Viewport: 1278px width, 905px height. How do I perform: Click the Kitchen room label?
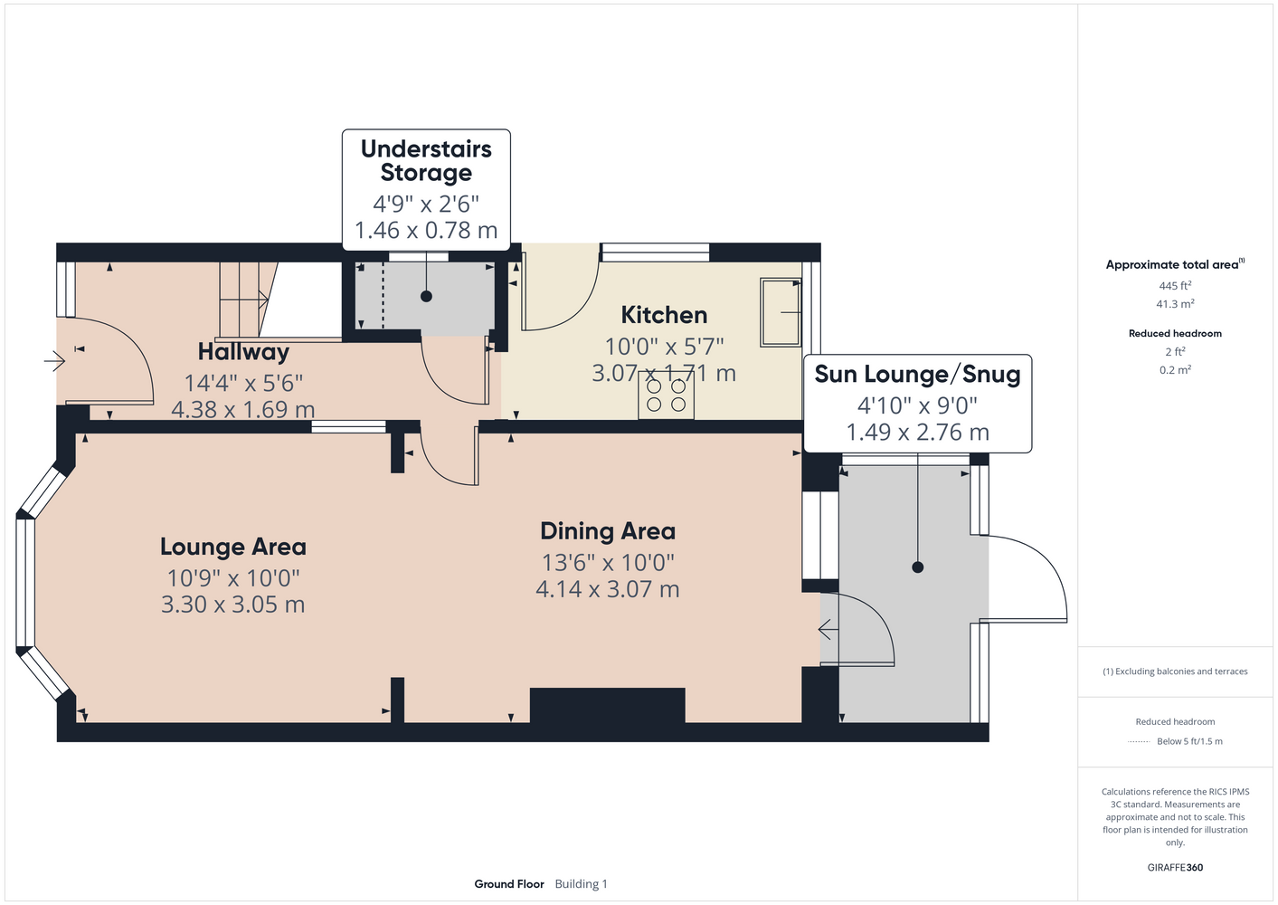click(664, 315)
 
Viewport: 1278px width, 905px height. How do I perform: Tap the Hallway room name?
click(243, 352)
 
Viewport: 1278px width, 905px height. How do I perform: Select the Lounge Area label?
click(232, 547)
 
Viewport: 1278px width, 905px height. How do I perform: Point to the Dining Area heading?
click(608, 531)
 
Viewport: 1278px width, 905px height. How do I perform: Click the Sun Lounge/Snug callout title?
click(917, 375)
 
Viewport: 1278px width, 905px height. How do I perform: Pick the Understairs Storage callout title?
click(426, 160)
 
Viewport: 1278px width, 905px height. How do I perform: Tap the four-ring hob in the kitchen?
click(666, 395)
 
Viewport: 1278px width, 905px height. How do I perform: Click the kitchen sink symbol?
click(781, 312)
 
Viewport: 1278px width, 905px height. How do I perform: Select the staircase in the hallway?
click(248, 300)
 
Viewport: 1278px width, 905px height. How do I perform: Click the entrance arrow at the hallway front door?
click(55, 361)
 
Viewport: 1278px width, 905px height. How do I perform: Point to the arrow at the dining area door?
click(828, 630)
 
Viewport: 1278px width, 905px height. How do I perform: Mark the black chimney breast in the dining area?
click(608, 706)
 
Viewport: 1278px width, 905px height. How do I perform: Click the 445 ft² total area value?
click(1175, 285)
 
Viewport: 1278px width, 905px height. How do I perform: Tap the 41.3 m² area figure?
click(1175, 304)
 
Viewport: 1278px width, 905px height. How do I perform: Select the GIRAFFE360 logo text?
click(1175, 867)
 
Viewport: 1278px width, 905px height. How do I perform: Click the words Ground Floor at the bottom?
click(509, 884)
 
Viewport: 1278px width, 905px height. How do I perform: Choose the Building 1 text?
click(581, 884)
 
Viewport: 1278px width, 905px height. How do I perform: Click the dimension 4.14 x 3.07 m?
click(608, 589)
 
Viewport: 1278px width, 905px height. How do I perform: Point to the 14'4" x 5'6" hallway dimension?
click(243, 383)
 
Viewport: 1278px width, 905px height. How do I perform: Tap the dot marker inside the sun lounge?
click(917, 567)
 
